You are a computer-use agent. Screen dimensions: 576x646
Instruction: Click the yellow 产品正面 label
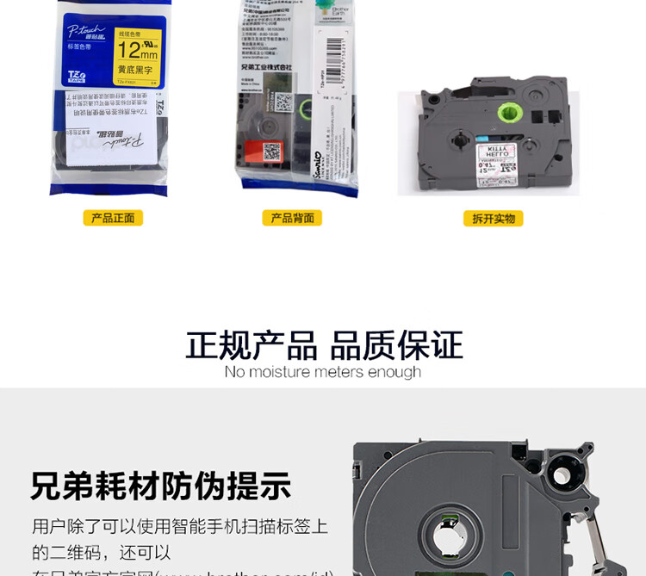[113, 218]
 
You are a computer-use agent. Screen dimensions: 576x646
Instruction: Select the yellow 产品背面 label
[292, 218]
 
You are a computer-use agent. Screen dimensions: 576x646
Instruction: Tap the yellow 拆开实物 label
[493, 218]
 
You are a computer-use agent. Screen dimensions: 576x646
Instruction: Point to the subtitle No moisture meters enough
[323, 372]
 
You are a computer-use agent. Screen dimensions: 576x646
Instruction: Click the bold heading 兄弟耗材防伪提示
[161, 486]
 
